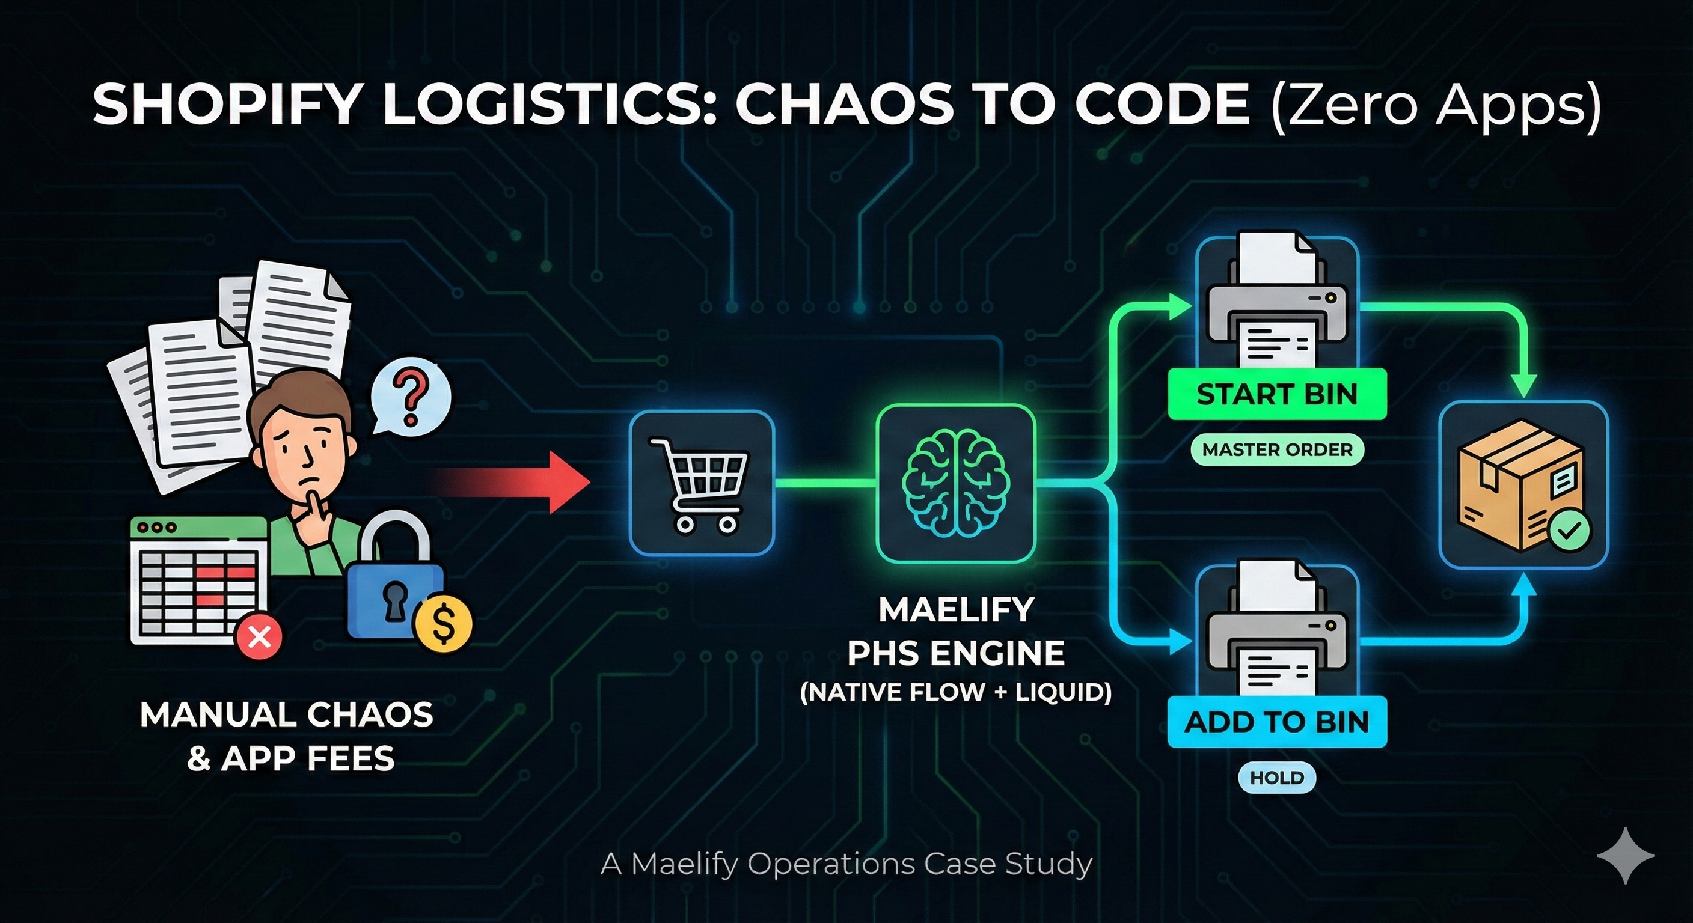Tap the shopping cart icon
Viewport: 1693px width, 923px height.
pyautogui.click(x=701, y=483)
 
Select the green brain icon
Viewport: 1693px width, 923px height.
pyautogui.click(x=955, y=483)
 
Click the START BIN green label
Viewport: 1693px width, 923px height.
pyautogui.click(x=1276, y=394)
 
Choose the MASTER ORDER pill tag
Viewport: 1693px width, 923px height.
pyautogui.click(x=1277, y=450)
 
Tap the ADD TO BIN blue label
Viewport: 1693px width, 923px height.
pyautogui.click(x=1276, y=722)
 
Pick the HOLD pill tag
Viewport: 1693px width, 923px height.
pyautogui.click(x=1276, y=778)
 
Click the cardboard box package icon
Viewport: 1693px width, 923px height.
pyautogui.click(x=1518, y=485)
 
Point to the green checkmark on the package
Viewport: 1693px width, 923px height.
pyautogui.click(x=1570, y=531)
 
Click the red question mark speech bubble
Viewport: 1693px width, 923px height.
pyautogui.click(x=411, y=396)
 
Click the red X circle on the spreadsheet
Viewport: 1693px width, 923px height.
pyautogui.click(x=260, y=635)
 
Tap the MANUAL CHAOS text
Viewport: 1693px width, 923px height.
pyautogui.click(x=287, y=714)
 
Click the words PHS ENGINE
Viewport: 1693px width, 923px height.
pyautogui.click(x=955, y=653)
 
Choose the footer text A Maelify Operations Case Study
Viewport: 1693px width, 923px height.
pyautogui.click(x=846, y=864)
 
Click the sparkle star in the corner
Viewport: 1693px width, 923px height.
pyautogui.click(x=1625, y=854)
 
